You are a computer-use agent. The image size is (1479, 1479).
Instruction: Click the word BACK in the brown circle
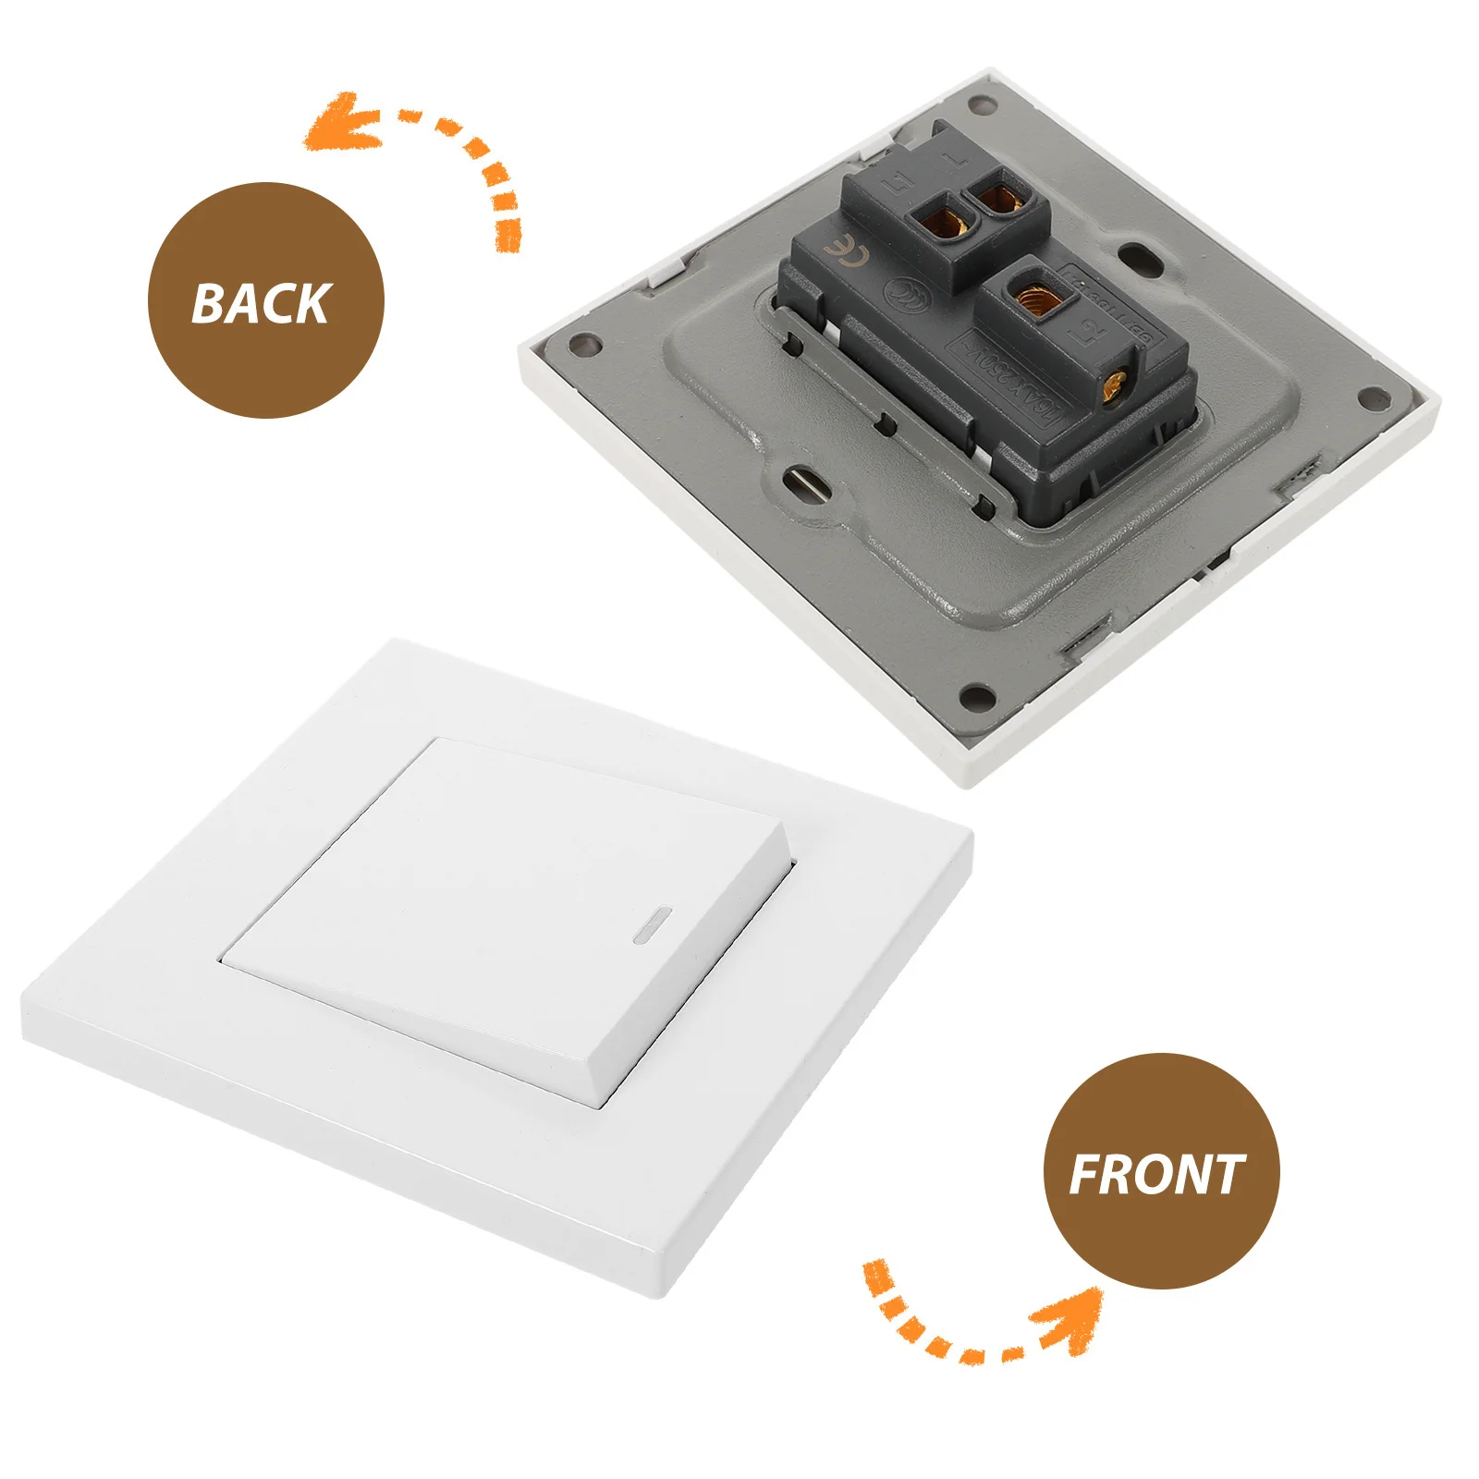tap(261, 303)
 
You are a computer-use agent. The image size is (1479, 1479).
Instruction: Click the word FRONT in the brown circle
tap(1157, 1175)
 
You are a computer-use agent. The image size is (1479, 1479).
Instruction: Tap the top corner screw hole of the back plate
tap(983, 101)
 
